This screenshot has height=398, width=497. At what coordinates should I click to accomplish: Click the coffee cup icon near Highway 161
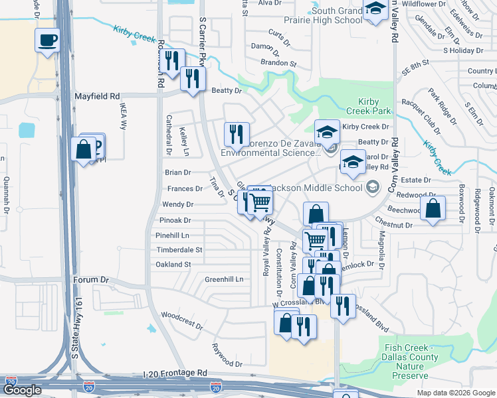tap(47, 40)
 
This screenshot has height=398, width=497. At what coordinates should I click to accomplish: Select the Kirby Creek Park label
tap(367, 106)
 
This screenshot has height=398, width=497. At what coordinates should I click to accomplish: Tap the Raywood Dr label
tap(227, 355)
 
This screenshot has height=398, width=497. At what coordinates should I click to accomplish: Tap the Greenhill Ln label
tap(224, 279)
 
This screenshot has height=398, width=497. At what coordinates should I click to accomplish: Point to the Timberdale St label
tap(179, 249)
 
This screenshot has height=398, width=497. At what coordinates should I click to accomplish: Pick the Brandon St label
tap(278, 63)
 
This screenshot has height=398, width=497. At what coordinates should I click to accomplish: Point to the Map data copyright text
tap(455, 393)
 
